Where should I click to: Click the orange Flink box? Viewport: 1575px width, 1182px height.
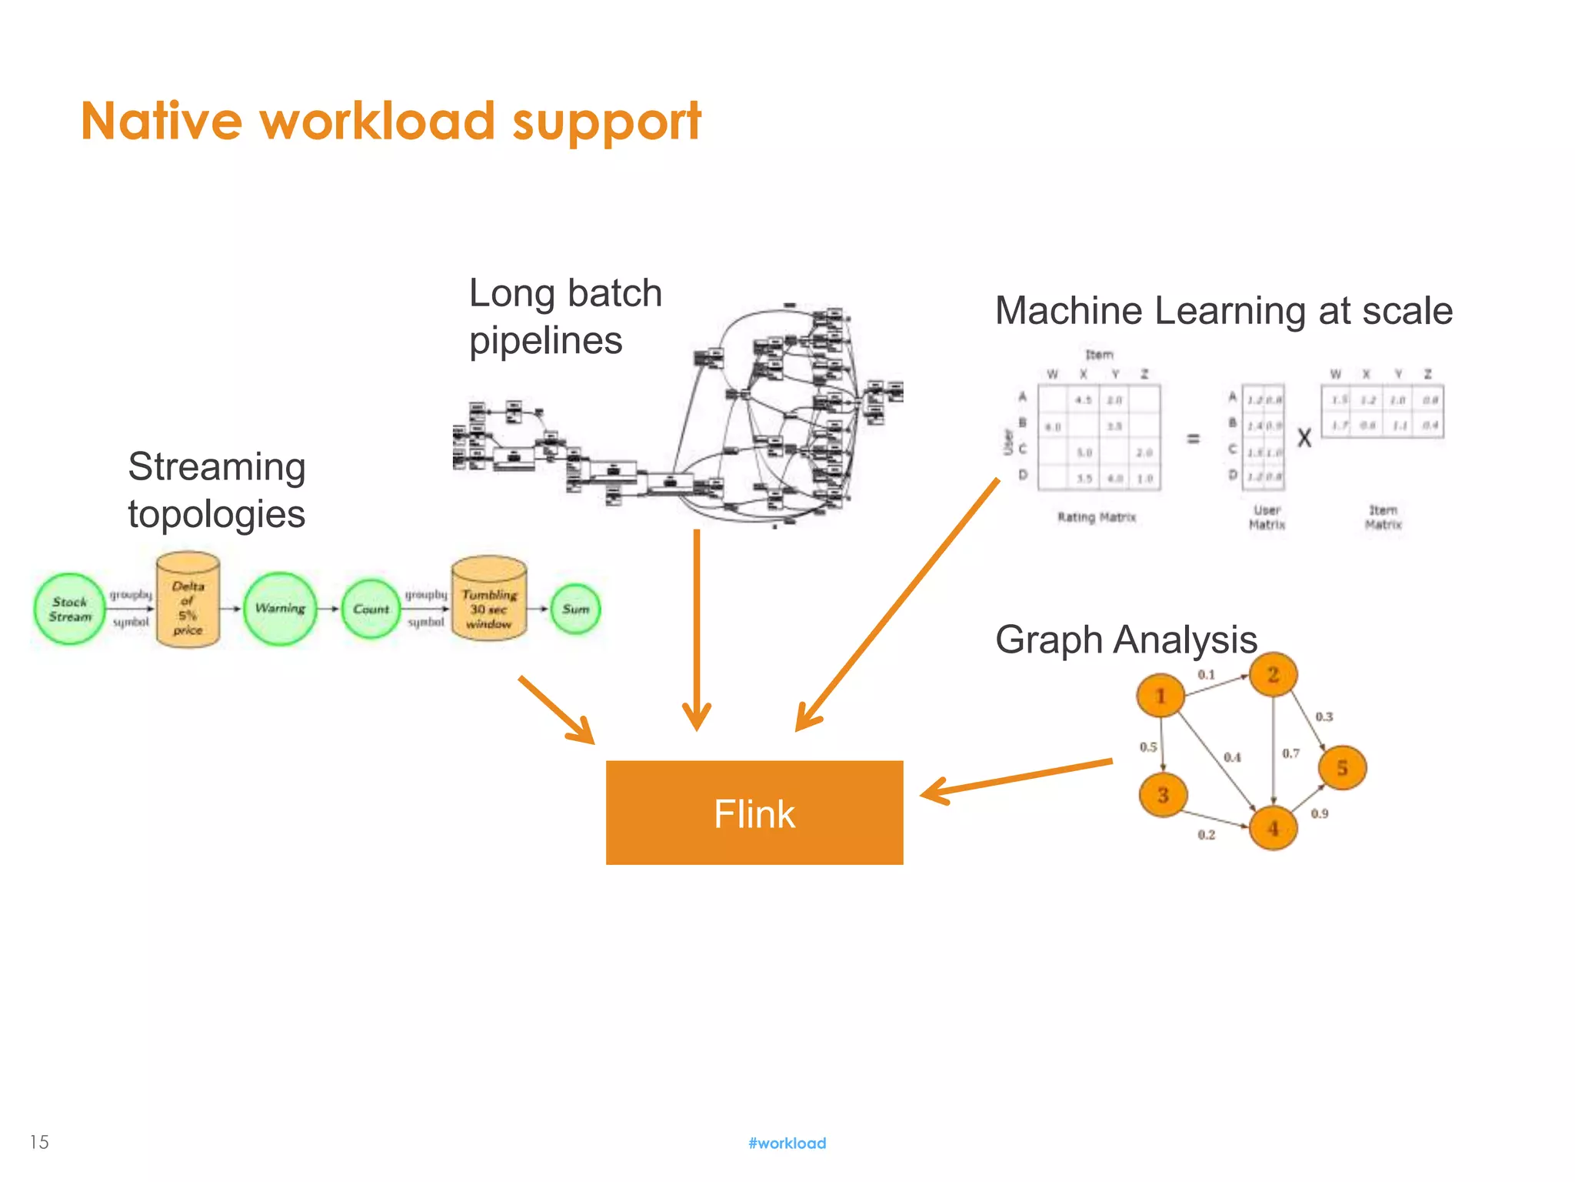coord(754,813)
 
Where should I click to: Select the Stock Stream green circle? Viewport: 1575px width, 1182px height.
coord(69,609)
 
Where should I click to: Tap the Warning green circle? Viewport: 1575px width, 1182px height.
coord(280,609)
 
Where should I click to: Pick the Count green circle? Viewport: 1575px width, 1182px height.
coord(371,609)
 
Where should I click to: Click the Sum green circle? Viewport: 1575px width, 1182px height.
coord(575,609)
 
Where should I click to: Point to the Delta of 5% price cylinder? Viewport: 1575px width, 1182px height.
coord(188,600)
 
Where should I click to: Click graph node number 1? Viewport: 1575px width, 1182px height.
coord(1160,696)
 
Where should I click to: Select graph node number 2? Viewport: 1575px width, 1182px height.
coord(1273,675)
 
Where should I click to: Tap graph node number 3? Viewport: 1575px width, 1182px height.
coord(1163,795)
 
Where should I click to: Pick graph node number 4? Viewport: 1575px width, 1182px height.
coord(1274,828)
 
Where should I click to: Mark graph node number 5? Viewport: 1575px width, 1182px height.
coord(1342,767)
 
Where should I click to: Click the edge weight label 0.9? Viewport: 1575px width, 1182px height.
coord(1320,813)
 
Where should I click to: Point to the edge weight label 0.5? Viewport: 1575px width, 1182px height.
coord(1148,746)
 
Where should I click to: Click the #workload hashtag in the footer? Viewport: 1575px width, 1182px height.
coord(787,1143)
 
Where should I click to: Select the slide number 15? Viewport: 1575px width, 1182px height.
coord(39,1142)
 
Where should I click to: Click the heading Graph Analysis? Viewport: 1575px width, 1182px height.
coord(1125,639)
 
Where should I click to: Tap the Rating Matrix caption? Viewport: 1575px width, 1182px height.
coord(1096,517)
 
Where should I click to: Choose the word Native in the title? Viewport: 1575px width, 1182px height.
coord(161,122)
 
